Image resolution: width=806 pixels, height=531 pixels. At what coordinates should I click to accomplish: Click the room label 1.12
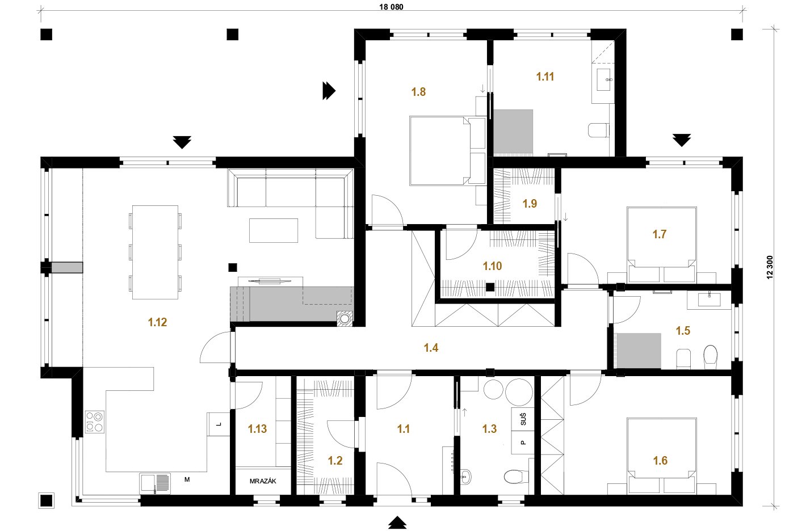pyautogui.click(x=157, y=322)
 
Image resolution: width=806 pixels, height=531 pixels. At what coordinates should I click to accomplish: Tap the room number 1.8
pyautogui.click(x=418, y=92)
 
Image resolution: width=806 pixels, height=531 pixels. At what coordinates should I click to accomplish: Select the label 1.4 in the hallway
pyautogui.click(x=431, y=348)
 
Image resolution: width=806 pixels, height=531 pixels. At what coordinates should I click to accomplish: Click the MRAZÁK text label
pyautogui.click(x=263, y=481)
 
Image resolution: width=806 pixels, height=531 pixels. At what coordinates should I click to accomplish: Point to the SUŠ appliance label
pyautogui.click(x=523, y=419)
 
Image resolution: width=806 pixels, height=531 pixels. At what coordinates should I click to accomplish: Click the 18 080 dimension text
pyautogui.click(x=391, y=7)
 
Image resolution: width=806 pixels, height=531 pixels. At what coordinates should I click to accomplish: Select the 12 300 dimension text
pyautogui.click(x=770, y=267)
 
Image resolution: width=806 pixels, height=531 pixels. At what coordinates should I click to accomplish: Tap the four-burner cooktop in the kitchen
pyautogui.click(x=95, y=422)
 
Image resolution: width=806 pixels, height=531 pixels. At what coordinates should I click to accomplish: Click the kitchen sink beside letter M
pyautogui.click(x=155, y=483)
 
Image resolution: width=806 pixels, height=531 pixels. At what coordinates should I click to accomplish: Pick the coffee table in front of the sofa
pyautogui.click(x=274, y=230)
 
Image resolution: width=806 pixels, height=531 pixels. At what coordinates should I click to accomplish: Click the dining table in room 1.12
pyautogui.click(x=155, y=252)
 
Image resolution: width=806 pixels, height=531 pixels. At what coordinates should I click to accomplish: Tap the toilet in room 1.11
pyautogui.click(x=599, y=130)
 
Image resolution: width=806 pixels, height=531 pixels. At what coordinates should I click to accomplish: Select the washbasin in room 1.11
pyautogui.click(x=604, y=79)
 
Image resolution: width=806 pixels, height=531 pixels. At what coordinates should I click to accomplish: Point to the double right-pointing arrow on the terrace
pyautogui.click(x=329, y=91)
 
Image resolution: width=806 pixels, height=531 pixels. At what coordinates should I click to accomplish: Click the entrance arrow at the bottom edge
pyautogui.click(x=397, y=522)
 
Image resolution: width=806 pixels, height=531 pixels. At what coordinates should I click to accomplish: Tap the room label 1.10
pyautogui.click(x=492, y=266)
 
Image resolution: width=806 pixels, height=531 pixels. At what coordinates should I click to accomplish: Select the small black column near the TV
pyautogui.click(x=233, y=267)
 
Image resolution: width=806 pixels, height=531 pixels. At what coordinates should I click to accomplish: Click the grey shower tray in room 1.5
pyautogui.click(x=639, y=351)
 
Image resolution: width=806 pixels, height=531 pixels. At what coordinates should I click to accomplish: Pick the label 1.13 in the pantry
pyautogui.click(x=257, y=428)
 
